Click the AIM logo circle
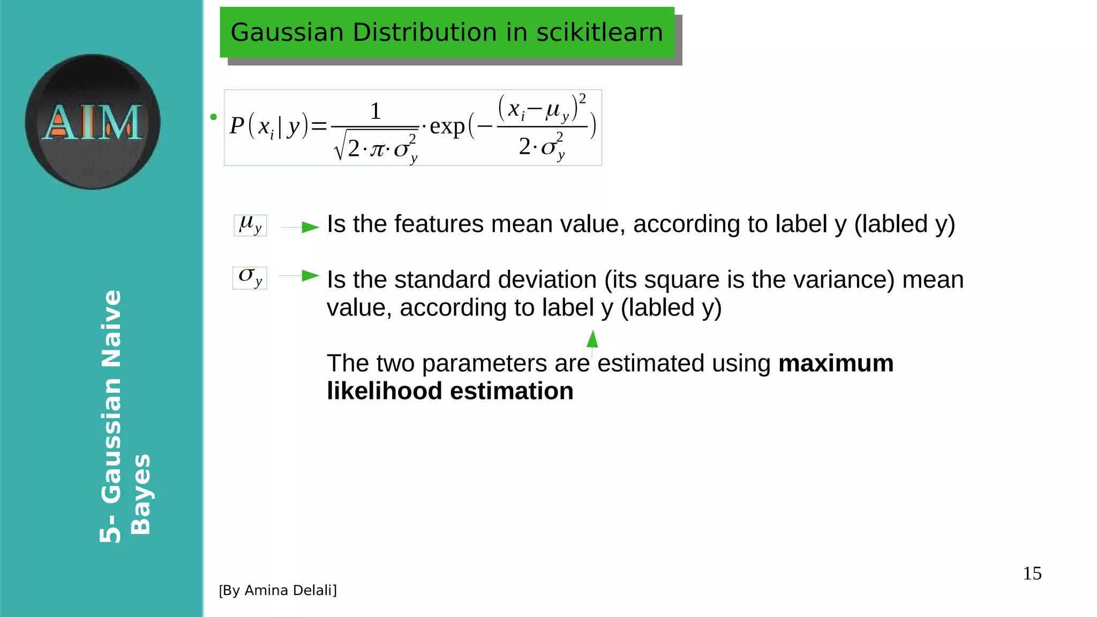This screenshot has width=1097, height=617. coord(92,122)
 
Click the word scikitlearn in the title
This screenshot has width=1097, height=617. coord(599,32)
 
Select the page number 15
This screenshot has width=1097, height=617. coord(1032,573)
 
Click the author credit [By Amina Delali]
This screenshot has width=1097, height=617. coord(277,590)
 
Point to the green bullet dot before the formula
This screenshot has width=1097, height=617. coord(214,117)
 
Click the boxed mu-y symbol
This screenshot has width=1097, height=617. coord(250,225)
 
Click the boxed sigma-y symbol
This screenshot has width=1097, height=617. coord(250,278)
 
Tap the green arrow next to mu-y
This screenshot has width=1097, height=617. coord(309,227)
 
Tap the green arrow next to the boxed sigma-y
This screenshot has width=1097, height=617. coord(309,276)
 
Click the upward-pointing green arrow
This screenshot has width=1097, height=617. coord(592,340)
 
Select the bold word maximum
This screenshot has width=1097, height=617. coord(836,363)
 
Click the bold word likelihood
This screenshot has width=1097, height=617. coord(384,391)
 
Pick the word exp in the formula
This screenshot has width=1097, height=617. coord(447,127)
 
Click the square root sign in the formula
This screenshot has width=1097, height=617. coord(339,147)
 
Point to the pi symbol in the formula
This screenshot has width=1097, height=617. coord(378,149)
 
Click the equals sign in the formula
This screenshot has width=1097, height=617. coord(319,127)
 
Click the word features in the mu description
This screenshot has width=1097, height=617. coord(439,224)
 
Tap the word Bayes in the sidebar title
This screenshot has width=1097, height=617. coord(140,494)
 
